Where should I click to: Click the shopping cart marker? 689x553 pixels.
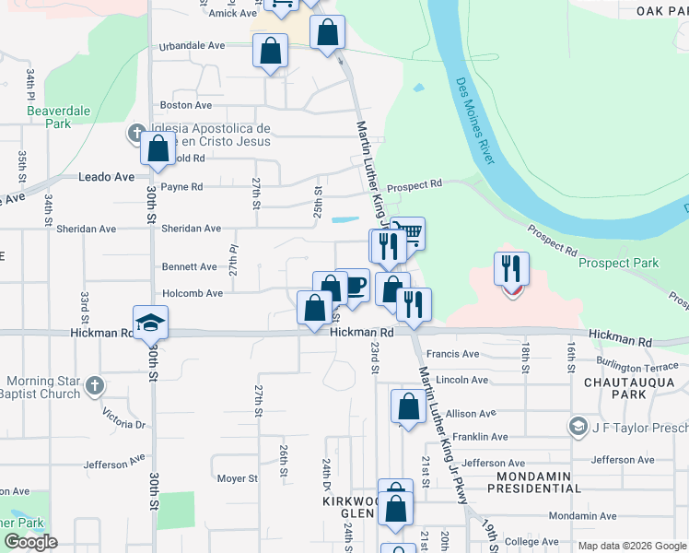click(408, 232)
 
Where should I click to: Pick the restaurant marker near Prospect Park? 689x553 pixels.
click(511, 268)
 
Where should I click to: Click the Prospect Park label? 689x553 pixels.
click(618, 263)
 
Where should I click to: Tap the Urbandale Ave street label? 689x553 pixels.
click(192, 45)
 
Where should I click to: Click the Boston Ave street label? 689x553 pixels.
click(180, 106)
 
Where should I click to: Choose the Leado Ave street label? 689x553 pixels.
click(106, 176)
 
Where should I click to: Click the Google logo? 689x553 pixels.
click(30, 542)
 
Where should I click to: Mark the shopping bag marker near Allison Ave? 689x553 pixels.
click(407, 406)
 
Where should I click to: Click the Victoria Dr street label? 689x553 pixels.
click(124, 419)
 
